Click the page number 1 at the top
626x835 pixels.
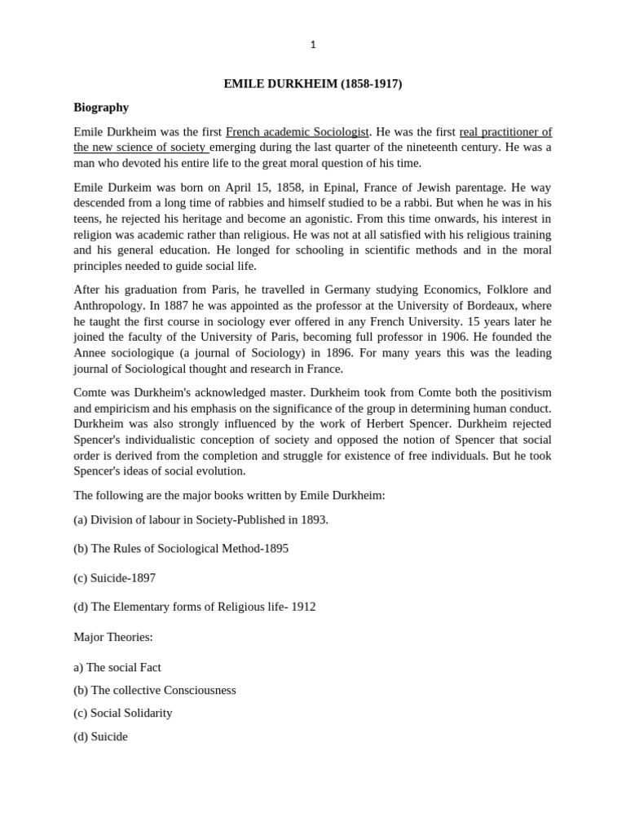[x=313, y=45]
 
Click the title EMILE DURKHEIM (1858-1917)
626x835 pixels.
[x=313, y=84]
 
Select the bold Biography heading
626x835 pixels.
[x=101, y=108]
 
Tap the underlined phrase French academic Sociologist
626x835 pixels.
[x=298, y=131]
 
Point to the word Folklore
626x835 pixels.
[x=499, y=289]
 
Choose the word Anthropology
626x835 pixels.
[x=108, y=306]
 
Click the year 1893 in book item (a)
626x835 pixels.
[x=313, y=519]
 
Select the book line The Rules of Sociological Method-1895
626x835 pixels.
[x=181, y=549]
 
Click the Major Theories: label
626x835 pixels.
[x=113, y=637]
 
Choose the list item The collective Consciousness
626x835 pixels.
[x=155, y=690]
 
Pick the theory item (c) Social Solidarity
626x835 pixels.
[x=123, y=713]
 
